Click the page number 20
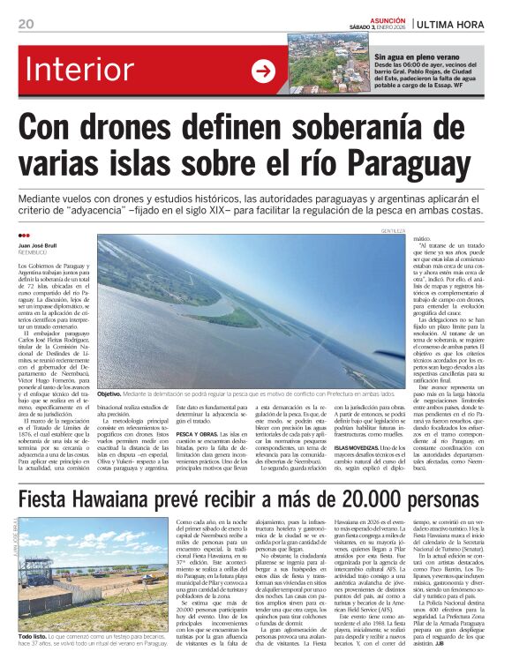click(x=26, y=23)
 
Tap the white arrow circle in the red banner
click(x=263, y=72)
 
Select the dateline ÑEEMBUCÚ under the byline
click(x=33, y=255)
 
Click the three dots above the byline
click(x=24, y=236)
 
